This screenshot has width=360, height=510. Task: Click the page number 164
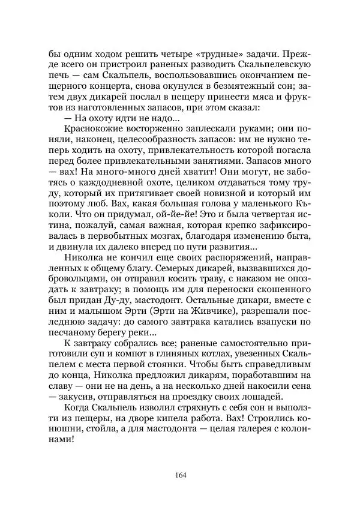tap(180, 476)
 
